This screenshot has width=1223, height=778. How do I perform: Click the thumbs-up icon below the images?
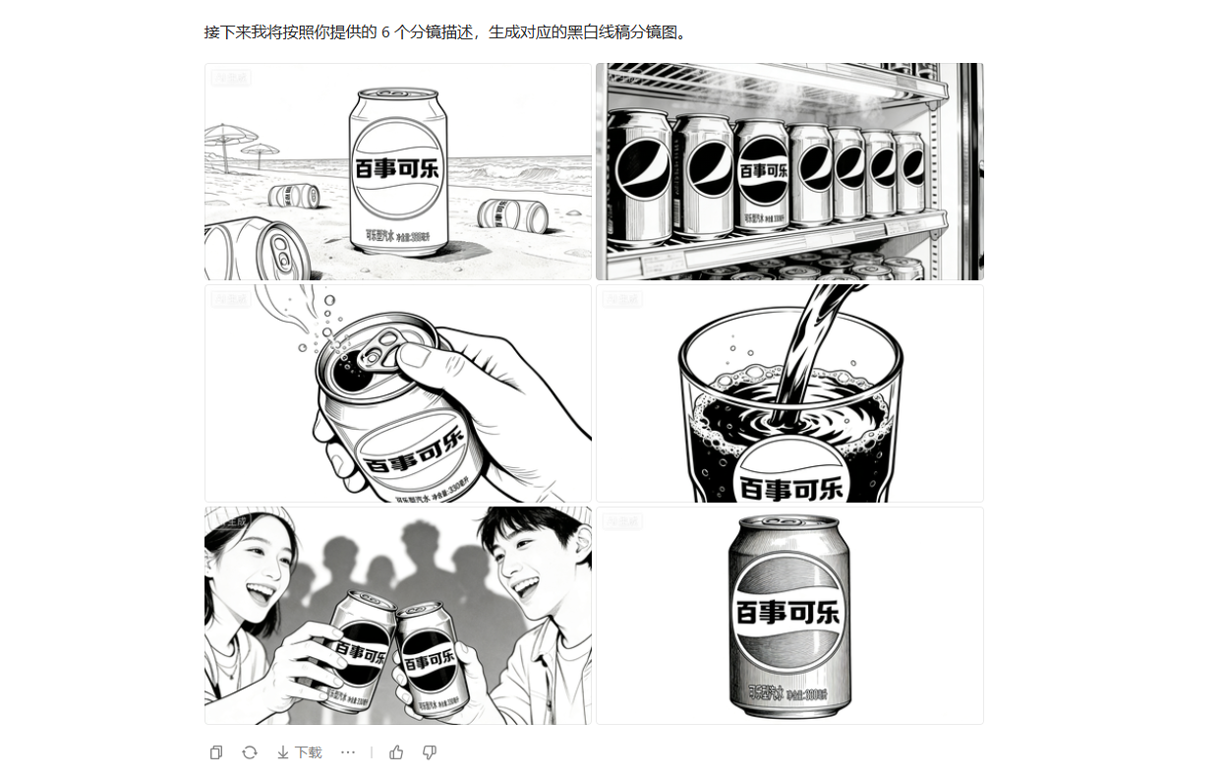(396, 752)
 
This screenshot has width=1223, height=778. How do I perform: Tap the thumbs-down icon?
(429, 752)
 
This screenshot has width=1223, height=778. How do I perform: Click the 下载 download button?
(299, 752)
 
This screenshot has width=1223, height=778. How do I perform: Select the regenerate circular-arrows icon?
(250, 752)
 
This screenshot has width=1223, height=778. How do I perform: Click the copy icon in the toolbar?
(216, 752)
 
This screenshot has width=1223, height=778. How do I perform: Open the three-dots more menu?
(348, 752)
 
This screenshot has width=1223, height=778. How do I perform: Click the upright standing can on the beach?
(397, 172)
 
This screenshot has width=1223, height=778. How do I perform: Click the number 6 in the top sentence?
(385, 32)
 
